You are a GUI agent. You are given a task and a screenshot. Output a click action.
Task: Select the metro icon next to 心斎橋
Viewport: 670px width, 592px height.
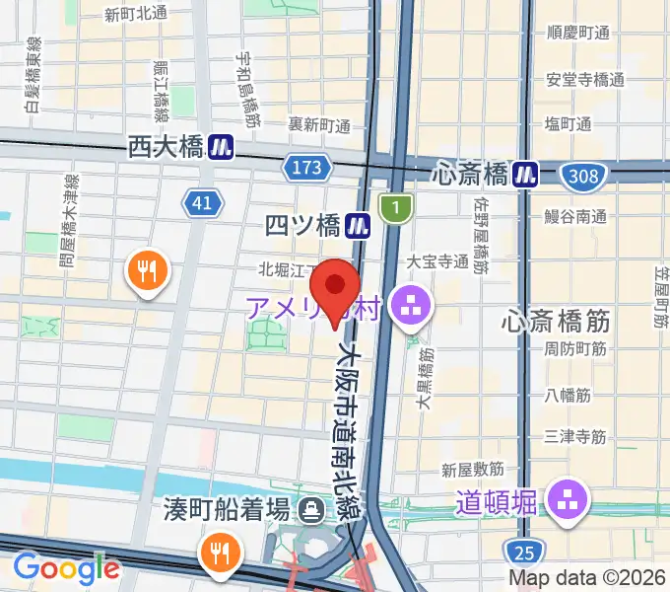(x=525, y=175)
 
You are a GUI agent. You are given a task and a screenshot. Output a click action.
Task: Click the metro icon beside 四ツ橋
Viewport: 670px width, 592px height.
(x=357, y=226)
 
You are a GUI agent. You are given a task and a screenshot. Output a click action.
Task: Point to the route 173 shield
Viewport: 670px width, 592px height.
(x=306, y=168)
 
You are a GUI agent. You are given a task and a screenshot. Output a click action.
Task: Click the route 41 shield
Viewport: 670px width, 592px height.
(x=201, y=204)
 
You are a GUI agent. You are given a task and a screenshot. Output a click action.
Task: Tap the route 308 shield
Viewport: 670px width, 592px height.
(x=580, y=177)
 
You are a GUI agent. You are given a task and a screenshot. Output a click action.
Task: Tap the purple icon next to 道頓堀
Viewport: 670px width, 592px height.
(x=569, y=499)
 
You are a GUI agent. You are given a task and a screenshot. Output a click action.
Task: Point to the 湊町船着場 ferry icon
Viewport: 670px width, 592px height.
(x=312, y=510)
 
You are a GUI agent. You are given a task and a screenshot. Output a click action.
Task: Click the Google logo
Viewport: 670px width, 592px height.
(x=66, y=568)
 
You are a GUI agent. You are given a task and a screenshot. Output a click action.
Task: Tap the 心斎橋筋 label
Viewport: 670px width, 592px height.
(x=557, y=321)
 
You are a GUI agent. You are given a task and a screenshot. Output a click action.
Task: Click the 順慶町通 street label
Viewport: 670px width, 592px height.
(x=577, y=32)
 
